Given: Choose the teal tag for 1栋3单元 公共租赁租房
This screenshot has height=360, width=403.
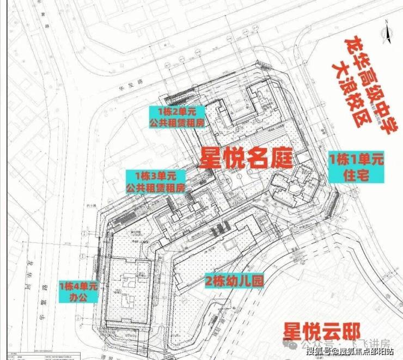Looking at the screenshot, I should pos(156,182).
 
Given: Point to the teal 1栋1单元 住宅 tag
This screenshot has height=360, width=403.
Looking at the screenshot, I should pos(356,167).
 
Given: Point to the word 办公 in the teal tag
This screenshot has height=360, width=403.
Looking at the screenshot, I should pos(78,298).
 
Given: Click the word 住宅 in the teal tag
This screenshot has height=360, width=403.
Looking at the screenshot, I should pos(357,175).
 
